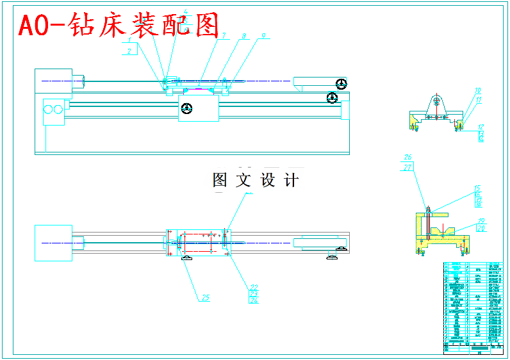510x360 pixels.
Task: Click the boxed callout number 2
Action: coord(129,50)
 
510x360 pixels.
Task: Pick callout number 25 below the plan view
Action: coord(205,297)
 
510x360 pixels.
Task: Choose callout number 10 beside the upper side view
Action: coord(478,91)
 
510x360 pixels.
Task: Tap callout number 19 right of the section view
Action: coord(481,221)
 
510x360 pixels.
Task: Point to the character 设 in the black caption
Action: coord(268,180)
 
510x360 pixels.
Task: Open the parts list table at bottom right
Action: coord(473,306)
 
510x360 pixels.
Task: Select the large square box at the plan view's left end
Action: coord(52,243)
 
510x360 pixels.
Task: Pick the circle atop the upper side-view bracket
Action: coord(436,100)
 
